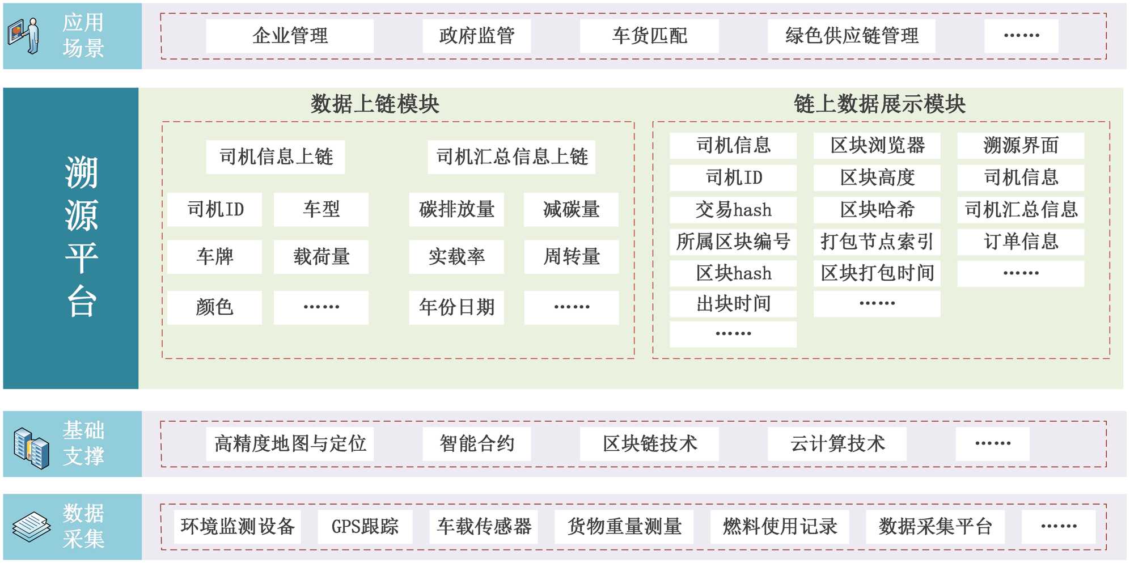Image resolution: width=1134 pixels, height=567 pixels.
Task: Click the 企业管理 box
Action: pyautogui.click(x=290, y=36)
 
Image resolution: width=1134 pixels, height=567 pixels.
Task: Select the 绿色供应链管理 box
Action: pyautogui.click(x=851, y=36)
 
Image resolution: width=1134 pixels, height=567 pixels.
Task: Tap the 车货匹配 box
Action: pyautogui.click(x=649, y=36)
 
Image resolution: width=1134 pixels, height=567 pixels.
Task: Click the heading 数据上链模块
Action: pyautogui.click(x=375, y=104)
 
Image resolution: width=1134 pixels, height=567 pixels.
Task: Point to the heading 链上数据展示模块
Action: pyautogui.click(x=879, y=104)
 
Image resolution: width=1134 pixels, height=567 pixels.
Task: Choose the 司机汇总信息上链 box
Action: pyautogui.click(x=511, y=157)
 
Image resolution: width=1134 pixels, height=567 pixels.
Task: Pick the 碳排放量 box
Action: pyautogui.click(x=456, y=210)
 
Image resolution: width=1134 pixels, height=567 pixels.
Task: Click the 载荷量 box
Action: pyautogui.click(x=321, y=257)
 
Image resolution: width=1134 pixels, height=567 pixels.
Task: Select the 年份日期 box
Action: pyautogui.click(x=456, y=307)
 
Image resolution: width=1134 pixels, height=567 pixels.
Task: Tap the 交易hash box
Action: pyautogui.click(x=733, y=210)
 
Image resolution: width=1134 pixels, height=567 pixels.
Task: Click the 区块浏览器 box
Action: pyautogui.click(x=877, y=146)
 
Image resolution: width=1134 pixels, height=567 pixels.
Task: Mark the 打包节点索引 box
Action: pyautogui.click(x=877, y=242)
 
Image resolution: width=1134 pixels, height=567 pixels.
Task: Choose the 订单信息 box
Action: pyautogui.click(x=1021, y=242)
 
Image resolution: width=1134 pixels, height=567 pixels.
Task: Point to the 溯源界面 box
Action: pyautogui.click(x=1021, y=146)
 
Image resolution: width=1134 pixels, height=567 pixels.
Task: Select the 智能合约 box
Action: pyautogui.click(x=477, y=443)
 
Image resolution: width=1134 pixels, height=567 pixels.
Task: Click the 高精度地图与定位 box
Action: pyautogui.click(x=290, y=443)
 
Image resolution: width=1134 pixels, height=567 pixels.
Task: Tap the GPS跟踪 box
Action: pyautogui.click(x=365, y=527)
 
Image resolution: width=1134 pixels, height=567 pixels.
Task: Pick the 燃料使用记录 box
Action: pyautogui.click(x=780, y=527)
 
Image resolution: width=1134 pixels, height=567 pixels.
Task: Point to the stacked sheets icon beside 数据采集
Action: pyautogui.click(x=32, y=527)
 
